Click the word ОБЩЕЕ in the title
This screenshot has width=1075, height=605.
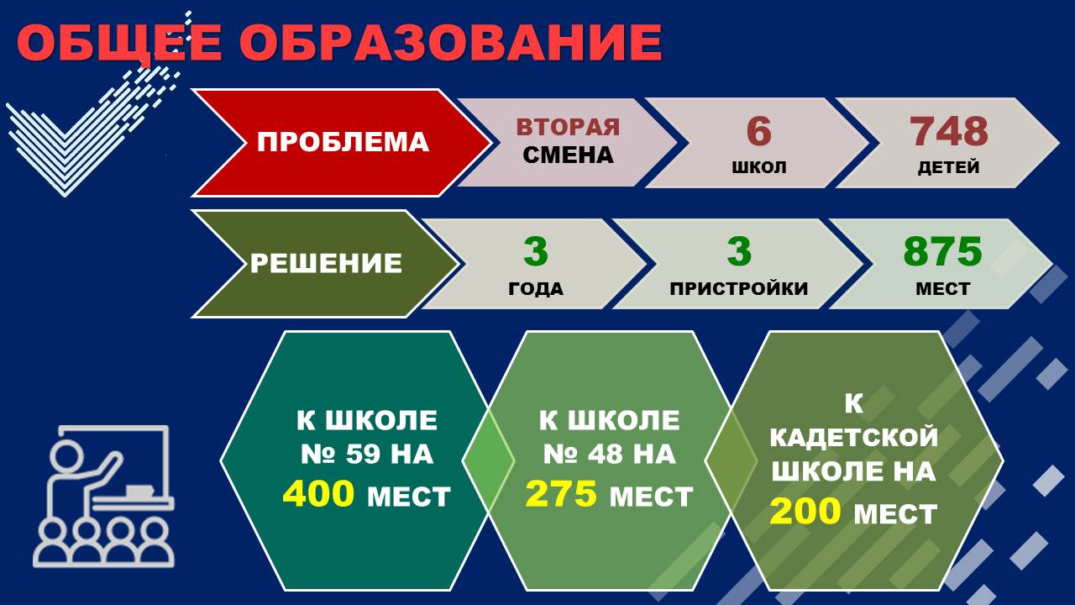click(x=119, y=42)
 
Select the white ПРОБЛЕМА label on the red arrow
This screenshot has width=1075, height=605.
click(x=343, y=143)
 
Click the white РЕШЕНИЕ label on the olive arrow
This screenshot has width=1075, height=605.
click(x=326, y=263)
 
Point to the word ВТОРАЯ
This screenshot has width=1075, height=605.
click(x=569, y=127)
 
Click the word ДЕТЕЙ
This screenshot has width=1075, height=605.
click(x=949, y=167)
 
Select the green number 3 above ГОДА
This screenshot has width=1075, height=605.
click(x=536, y=251)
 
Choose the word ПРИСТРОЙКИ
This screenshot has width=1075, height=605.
click(x=739, y=288)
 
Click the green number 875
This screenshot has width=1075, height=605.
click(x=942, y=251)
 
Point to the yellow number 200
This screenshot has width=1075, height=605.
click(x=805, y=511)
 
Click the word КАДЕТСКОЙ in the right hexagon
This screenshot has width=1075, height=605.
click(x=854, y=438)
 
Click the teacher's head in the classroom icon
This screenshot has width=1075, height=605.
click(x=66, y=455)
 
